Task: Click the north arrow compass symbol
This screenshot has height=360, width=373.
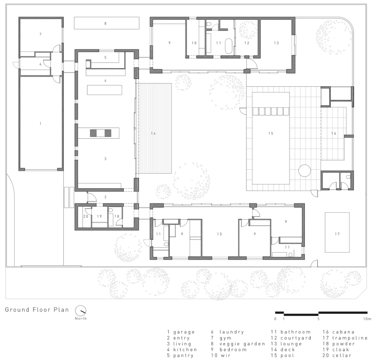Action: coord(80,310)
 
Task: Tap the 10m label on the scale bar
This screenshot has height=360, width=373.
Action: coord(367,319)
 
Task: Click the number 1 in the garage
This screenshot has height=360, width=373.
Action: coord(40,124)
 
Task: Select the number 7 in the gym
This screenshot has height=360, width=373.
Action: coord(40,34)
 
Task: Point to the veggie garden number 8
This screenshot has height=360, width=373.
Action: coord(106,24)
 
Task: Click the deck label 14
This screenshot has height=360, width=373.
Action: coord(154,133)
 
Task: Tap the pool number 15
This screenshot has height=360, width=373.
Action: coord(271,133)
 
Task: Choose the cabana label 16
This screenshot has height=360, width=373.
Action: coord(334,133)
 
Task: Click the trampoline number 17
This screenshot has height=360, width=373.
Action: coord(337,234)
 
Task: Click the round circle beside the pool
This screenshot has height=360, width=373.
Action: coord(304,171)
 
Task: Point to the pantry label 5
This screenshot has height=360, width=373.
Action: coord(106,57)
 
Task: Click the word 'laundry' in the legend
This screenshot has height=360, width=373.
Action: coord(232,332)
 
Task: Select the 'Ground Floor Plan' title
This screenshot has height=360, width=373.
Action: coord(37,309)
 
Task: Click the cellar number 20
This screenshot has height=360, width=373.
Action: coord(85,216)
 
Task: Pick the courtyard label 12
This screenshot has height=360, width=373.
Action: coord(247,43)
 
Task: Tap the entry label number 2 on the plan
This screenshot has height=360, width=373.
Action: coord(106,197)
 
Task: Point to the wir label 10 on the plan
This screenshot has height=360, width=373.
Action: coord(194,43)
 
